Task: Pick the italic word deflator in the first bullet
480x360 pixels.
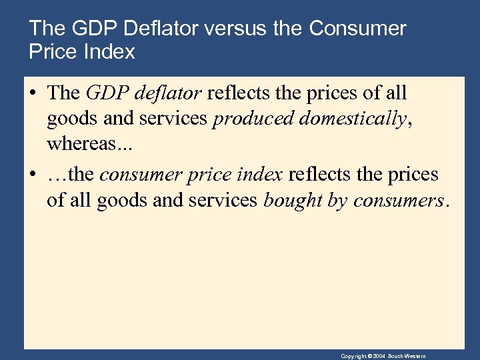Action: point(170,93)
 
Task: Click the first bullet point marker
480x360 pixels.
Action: point(33,94)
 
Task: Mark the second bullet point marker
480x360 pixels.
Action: point(33,175)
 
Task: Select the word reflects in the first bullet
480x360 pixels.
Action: point(237,93)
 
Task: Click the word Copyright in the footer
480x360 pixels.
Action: point(353,357)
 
